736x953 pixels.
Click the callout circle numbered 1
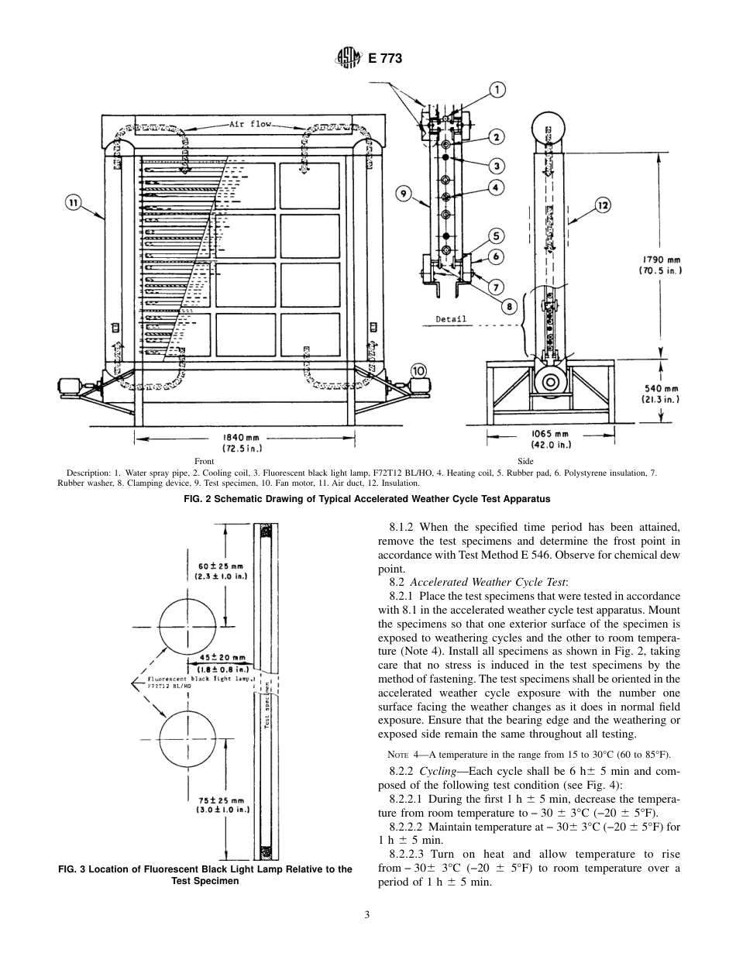point(497,91)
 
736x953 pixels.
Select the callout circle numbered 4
point(496,187)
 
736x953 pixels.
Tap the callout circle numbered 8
point(509,307)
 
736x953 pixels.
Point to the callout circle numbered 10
point(418,370)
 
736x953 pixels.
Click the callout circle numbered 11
point(72,203)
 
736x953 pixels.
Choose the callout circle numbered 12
point(604,205)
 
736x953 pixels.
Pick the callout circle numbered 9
point(404,194)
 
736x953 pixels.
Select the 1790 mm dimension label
point(659,265)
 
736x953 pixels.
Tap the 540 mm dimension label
point(659,394)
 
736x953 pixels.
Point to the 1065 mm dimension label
point(551,439)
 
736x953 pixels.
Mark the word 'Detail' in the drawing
point(451,318)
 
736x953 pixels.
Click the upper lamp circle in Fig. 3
point(187,626)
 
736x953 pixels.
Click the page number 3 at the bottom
point(367,914)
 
